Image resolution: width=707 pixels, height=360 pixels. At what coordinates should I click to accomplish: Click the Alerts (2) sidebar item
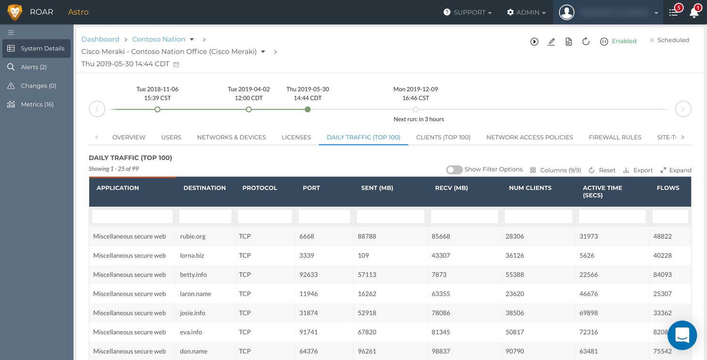33,67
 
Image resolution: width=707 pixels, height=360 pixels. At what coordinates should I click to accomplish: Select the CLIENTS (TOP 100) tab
443,137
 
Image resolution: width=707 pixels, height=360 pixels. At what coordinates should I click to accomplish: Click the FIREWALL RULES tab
615,137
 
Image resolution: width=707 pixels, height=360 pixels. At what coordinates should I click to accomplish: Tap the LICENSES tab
296,137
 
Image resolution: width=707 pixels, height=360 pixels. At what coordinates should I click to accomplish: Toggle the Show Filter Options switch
454,170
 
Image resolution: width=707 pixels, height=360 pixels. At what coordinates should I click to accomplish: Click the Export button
638,170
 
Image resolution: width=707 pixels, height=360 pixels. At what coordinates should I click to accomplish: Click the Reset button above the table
602,170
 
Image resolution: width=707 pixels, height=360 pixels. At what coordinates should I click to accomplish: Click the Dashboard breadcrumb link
100,39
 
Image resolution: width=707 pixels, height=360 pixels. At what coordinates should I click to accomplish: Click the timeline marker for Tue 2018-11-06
157,109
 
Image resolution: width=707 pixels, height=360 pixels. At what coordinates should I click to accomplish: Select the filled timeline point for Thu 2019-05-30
308,109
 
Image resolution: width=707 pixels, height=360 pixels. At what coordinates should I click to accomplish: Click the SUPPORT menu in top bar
468,12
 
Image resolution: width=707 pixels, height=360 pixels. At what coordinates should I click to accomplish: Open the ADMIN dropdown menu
526,12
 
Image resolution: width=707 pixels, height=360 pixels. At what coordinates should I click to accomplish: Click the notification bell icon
694,13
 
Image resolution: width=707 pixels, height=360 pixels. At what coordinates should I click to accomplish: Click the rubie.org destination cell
193,236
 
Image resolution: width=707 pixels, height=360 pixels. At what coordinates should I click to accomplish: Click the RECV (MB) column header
451,188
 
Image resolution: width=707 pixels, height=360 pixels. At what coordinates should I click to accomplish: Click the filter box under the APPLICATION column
132,216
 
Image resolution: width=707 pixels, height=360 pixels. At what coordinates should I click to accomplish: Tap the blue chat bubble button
682,335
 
